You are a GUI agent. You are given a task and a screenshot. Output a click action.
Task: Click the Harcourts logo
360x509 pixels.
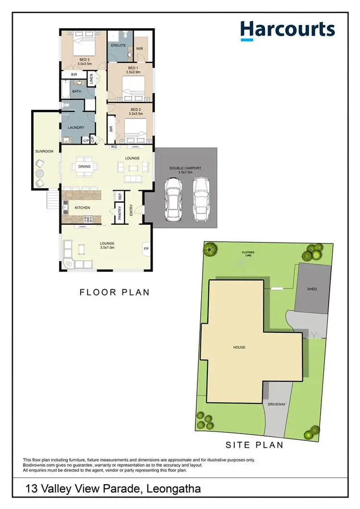pos(287,30)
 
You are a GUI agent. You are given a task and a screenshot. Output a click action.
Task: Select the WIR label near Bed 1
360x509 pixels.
pos(140,48)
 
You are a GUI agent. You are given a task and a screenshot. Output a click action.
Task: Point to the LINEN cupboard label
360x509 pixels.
pos(91,79)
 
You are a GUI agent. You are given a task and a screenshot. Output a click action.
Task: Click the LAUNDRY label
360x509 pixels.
pos(76,127)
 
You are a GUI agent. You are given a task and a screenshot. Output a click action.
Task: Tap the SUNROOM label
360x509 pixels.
pos(44,151)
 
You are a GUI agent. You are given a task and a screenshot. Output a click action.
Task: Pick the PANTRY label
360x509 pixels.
pos(120,213)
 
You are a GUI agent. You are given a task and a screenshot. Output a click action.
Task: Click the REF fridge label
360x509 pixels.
pos(120,196)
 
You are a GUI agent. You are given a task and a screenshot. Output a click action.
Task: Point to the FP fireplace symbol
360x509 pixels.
pos(146,249)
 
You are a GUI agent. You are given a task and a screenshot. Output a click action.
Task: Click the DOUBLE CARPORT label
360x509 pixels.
pos(185,169)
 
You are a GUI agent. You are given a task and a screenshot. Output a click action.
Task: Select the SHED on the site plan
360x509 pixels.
pos(312,289)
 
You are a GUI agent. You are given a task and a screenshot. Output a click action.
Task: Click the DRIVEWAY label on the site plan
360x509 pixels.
pos(277,404)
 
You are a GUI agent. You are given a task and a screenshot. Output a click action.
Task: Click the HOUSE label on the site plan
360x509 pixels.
pos(240,347)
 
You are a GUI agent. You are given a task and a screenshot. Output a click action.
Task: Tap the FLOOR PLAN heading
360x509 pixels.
pos(115,292)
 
